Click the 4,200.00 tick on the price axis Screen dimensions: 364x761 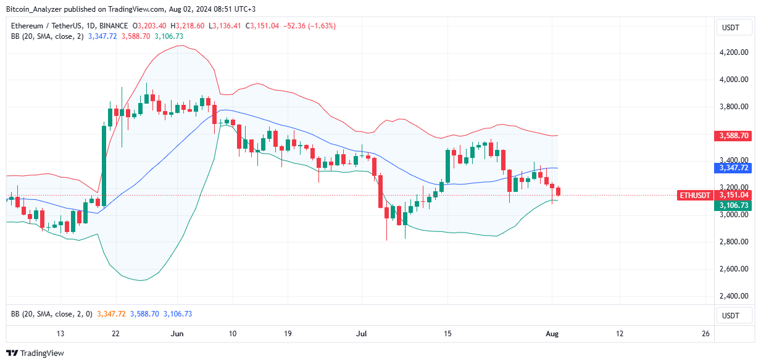click(733, 52)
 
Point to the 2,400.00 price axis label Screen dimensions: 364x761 click(733, 296)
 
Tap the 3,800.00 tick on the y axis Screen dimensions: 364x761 click(733, 107)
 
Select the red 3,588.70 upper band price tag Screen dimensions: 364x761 click(733, 135)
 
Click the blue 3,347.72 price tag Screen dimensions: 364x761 click(733, 168)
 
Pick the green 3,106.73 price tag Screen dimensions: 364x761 click(733, 205)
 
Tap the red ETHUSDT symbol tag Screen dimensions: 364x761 click(694, 195)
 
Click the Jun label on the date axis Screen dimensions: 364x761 click(177, 334)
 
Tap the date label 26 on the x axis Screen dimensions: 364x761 click(705, 334)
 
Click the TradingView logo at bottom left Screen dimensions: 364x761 click(35, 354)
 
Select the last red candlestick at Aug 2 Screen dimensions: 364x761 click(559, 191)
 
